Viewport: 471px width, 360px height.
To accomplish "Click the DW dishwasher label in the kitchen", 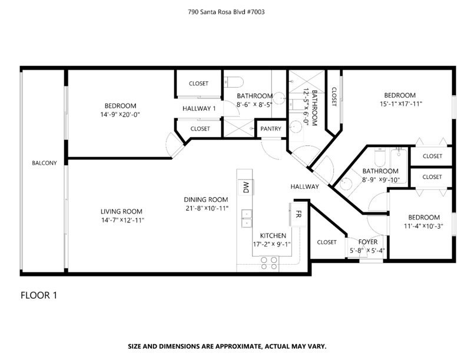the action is click(246, 187).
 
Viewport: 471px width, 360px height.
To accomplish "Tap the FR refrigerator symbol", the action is click(298, 214).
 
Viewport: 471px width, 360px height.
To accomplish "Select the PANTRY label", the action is click(271, 129).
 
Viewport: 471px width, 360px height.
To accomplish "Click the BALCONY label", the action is click(44, 163).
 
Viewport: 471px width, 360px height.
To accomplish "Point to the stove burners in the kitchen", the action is click(269, 263).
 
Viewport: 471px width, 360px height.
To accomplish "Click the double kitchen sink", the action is click(246, 218).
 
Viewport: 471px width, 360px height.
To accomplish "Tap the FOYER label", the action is click(368, 242).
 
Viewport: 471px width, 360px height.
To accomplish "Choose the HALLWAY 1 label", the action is click(199, 109).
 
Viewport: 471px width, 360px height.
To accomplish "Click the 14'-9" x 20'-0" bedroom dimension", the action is click(120, 115).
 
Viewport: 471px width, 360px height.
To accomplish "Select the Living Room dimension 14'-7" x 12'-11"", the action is click(123, 220).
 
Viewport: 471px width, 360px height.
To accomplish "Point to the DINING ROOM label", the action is click(205, 199).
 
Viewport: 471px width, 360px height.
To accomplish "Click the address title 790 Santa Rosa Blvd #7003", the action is click(226, 12).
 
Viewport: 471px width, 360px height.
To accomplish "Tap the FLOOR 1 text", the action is click(39, 295).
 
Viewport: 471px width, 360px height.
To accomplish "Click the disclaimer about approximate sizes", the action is click(227, 346).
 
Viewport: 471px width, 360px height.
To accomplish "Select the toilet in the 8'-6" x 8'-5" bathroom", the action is click(234, 82).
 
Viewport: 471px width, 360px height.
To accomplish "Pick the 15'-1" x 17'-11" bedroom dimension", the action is click(401, 104).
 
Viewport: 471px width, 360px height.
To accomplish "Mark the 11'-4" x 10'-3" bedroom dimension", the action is click(423, 226).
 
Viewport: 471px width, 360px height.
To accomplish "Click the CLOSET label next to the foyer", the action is click(327, 242).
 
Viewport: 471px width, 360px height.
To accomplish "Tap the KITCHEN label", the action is click(273, 236).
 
